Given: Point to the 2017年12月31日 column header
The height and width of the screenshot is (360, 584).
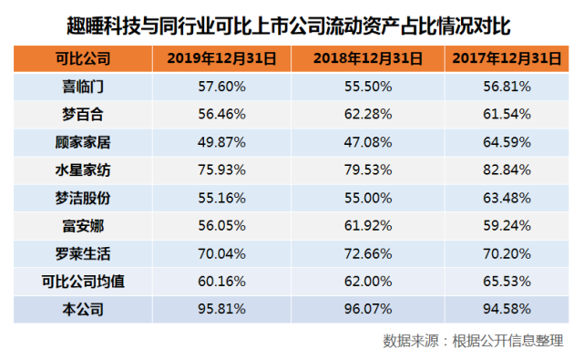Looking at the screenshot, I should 506,60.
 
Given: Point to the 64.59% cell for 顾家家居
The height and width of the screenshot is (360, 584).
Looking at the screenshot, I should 506,143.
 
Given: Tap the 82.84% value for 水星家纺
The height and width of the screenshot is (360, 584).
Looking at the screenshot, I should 506,170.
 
